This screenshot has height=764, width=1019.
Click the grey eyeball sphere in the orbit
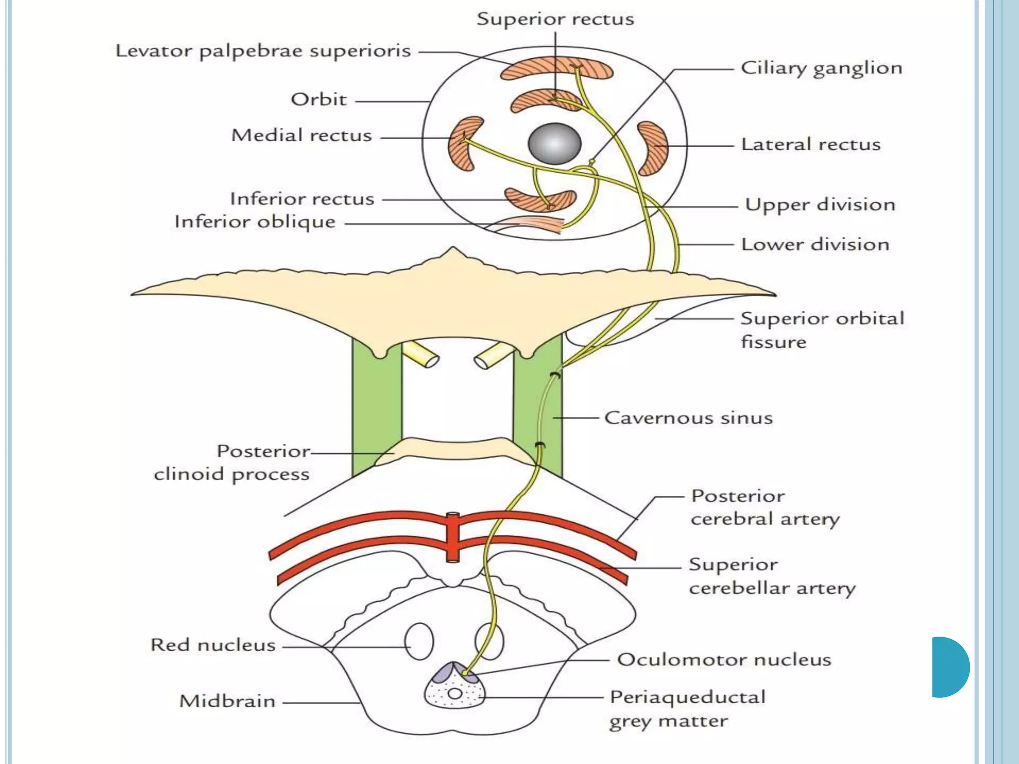click(554, 144)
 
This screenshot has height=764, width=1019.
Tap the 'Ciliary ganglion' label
click(821, 68)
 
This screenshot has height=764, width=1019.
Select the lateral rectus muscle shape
click(653, 148)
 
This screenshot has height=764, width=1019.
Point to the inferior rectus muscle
click(540, 199)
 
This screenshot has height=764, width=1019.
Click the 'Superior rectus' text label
click(555, 19)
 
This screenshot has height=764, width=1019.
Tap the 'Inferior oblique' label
click(255, 222)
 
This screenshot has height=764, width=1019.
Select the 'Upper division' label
click(820, 204)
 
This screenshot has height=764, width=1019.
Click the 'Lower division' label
click(815, 244)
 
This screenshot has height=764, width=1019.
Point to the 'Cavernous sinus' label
click(688, 418)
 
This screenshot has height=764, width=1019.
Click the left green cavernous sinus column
click(376, 408)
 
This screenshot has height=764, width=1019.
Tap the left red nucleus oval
click(419, 642)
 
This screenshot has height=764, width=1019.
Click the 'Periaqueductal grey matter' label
click(687, 709)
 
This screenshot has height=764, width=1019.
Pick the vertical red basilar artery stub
click(452, 537)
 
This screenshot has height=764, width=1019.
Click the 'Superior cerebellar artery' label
click(771, 576)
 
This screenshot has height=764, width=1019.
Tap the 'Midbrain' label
click(227, 701)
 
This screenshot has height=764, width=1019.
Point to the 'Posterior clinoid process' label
click(232, 463)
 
